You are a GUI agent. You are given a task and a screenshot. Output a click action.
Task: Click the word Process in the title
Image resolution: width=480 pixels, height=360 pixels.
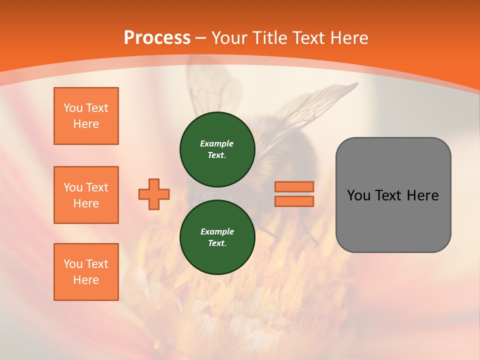[157, 38]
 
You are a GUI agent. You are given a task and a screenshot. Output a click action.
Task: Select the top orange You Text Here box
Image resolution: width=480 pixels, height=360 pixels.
[86, 116]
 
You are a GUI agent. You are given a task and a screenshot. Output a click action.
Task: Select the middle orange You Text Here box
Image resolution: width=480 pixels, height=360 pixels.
[86, 195]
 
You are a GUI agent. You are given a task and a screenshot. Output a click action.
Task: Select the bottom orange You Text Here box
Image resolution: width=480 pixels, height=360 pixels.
[86, 272]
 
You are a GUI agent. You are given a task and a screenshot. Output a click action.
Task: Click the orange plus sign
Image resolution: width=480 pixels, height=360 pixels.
[154, 194]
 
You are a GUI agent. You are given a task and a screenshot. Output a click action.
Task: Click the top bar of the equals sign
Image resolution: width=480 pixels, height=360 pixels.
[294, 187]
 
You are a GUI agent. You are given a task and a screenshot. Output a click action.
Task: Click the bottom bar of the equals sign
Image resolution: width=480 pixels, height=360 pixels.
[294, 201]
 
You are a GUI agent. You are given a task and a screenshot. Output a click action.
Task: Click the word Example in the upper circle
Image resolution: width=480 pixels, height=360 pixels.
[217, 143]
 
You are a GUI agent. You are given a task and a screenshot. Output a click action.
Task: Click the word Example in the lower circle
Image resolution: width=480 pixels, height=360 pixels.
[217, 231]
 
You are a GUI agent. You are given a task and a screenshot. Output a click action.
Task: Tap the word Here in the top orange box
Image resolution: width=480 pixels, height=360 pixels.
[86, 124]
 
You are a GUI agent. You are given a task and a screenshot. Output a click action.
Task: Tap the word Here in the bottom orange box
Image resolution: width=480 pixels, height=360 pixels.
[86, 280]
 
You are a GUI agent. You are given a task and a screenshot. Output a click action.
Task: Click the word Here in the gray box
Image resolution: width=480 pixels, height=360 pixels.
[422, 195]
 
